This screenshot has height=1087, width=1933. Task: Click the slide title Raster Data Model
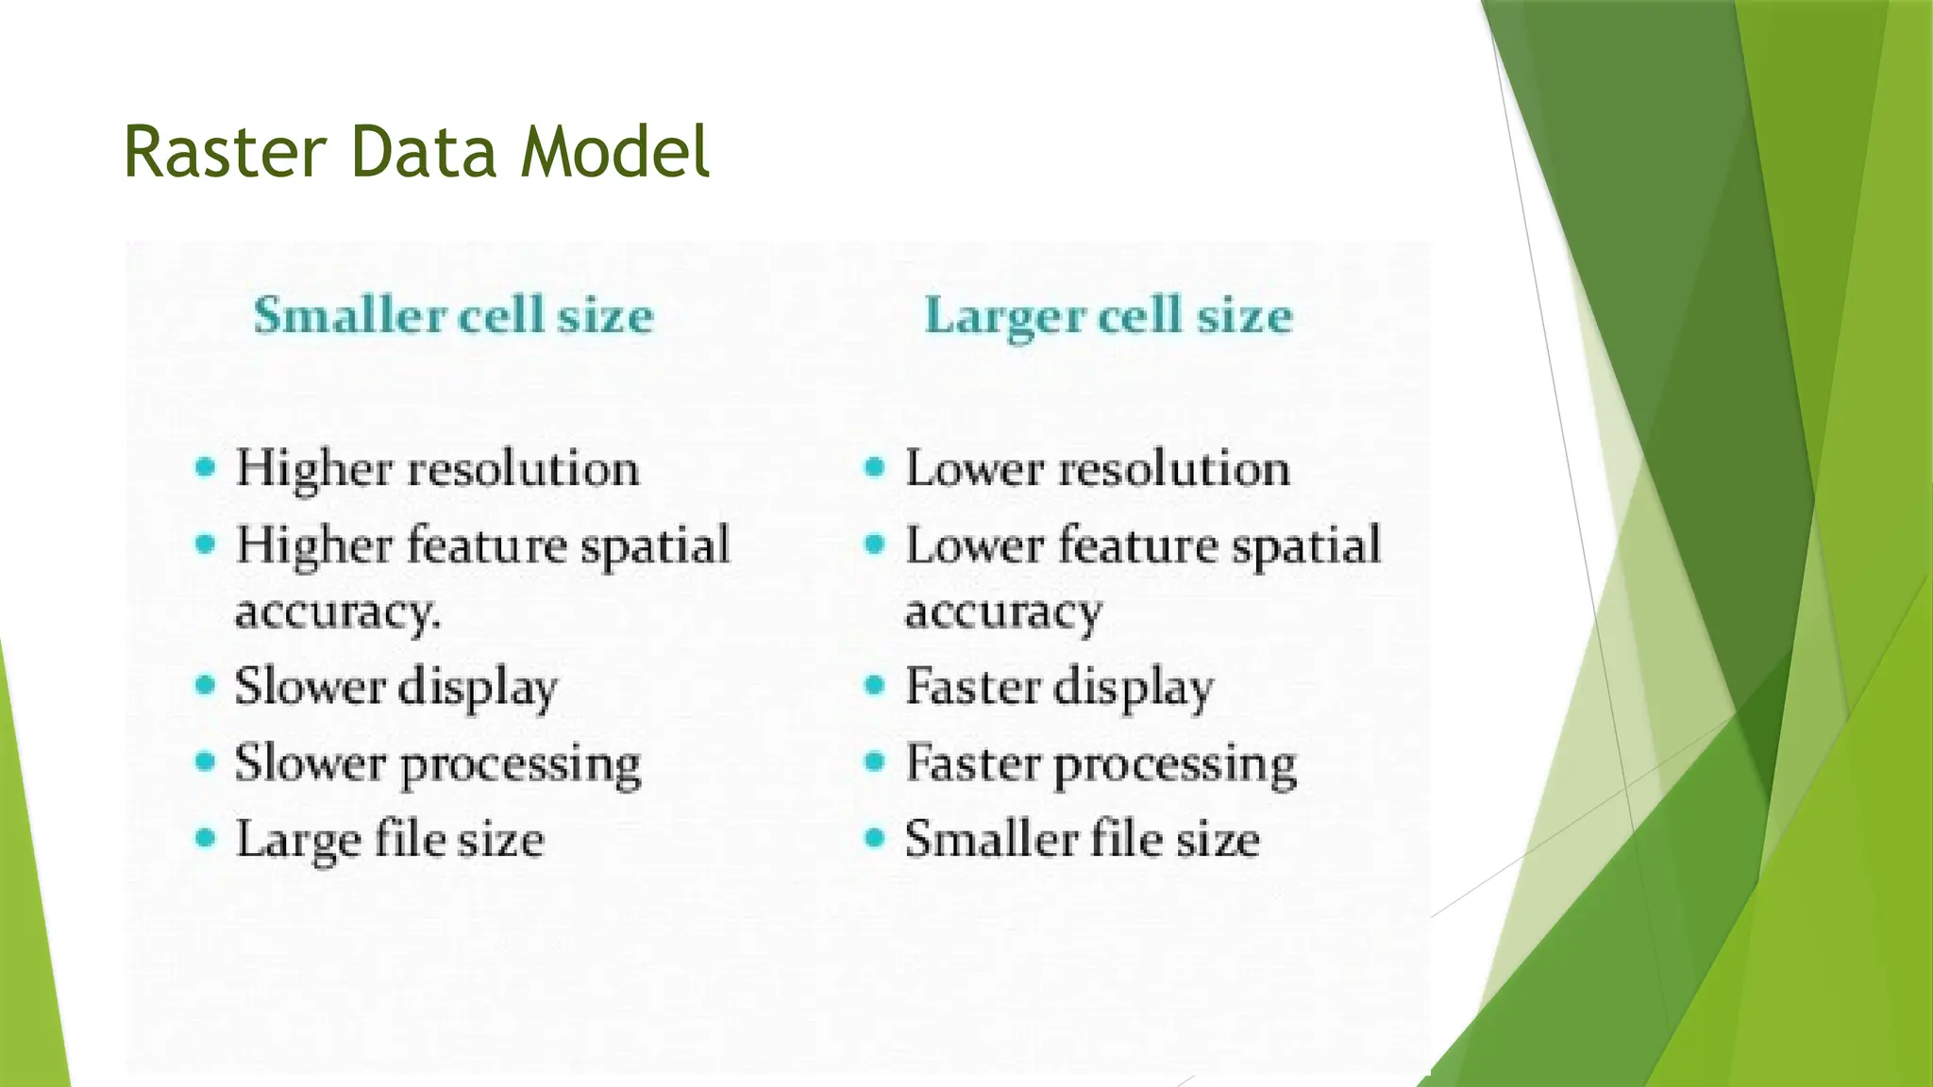tap(415, 153)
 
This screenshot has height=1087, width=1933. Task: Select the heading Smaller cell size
tap(453, 315)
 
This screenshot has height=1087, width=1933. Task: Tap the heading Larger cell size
tap(1108, 315)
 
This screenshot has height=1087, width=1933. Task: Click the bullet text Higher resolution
tap(437, 469)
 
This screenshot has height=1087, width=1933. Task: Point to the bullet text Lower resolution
tap(1098, 469)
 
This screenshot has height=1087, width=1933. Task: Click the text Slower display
tap(395, 687)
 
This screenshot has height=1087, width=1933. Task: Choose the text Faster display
tap(1059, 687)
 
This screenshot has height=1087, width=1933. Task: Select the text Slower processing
tap(438, 763)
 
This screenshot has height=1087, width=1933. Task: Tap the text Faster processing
tap(1101, 763)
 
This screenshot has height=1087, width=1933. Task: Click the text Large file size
tap(390, 840)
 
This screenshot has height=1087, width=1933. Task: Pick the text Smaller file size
tap(1082, 840)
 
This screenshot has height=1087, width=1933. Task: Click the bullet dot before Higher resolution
tap(205, 467)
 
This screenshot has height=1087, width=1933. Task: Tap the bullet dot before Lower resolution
tap(875, 467)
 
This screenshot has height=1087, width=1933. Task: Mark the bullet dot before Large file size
tap(205, 838)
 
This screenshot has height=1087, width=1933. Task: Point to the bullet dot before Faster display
tap(875, 685)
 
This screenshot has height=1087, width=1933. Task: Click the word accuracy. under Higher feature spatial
tap(337, 612)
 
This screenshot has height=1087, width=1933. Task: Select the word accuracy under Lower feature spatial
tap(1003, 612)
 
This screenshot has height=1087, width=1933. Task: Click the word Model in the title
tap(614, 153)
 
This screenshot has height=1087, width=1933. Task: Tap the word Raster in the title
tap(225, 153)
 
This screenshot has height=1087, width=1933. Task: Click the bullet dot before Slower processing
tap(205, 761)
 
